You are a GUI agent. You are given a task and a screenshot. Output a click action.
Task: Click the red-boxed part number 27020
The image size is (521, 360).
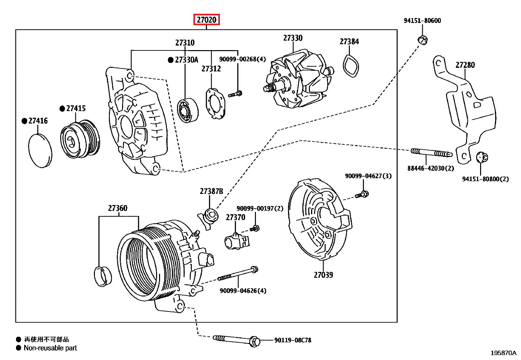pyautogui.click(x=207, y=20)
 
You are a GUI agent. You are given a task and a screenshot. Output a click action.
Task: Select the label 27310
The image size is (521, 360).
pyautogui.click(x=185, y=43)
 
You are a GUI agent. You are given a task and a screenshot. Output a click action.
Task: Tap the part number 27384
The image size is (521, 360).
pyautogui.click(x=349, y=42)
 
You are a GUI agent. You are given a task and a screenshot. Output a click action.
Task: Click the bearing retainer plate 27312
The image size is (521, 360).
pyautogui.click(x=215, y=103)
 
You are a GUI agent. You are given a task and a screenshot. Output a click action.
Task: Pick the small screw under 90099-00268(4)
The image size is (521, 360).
pyautogui.click(x=235, y=94)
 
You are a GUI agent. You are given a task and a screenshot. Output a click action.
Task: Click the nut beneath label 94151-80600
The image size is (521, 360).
pyautogui.click(x=422, y=40)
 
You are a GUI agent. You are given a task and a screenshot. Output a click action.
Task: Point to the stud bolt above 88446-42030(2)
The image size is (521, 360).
pyautogui.click(x=431, y=152)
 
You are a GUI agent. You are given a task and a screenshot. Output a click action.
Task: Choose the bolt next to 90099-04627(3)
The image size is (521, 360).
pyautogui.click(x=362, y=195)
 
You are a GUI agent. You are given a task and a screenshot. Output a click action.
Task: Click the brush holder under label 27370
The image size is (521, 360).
pyautogui.click(x=236, y=242)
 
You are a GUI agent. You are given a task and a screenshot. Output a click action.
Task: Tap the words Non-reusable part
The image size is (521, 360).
pyautogui.click(x=50, y=348)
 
